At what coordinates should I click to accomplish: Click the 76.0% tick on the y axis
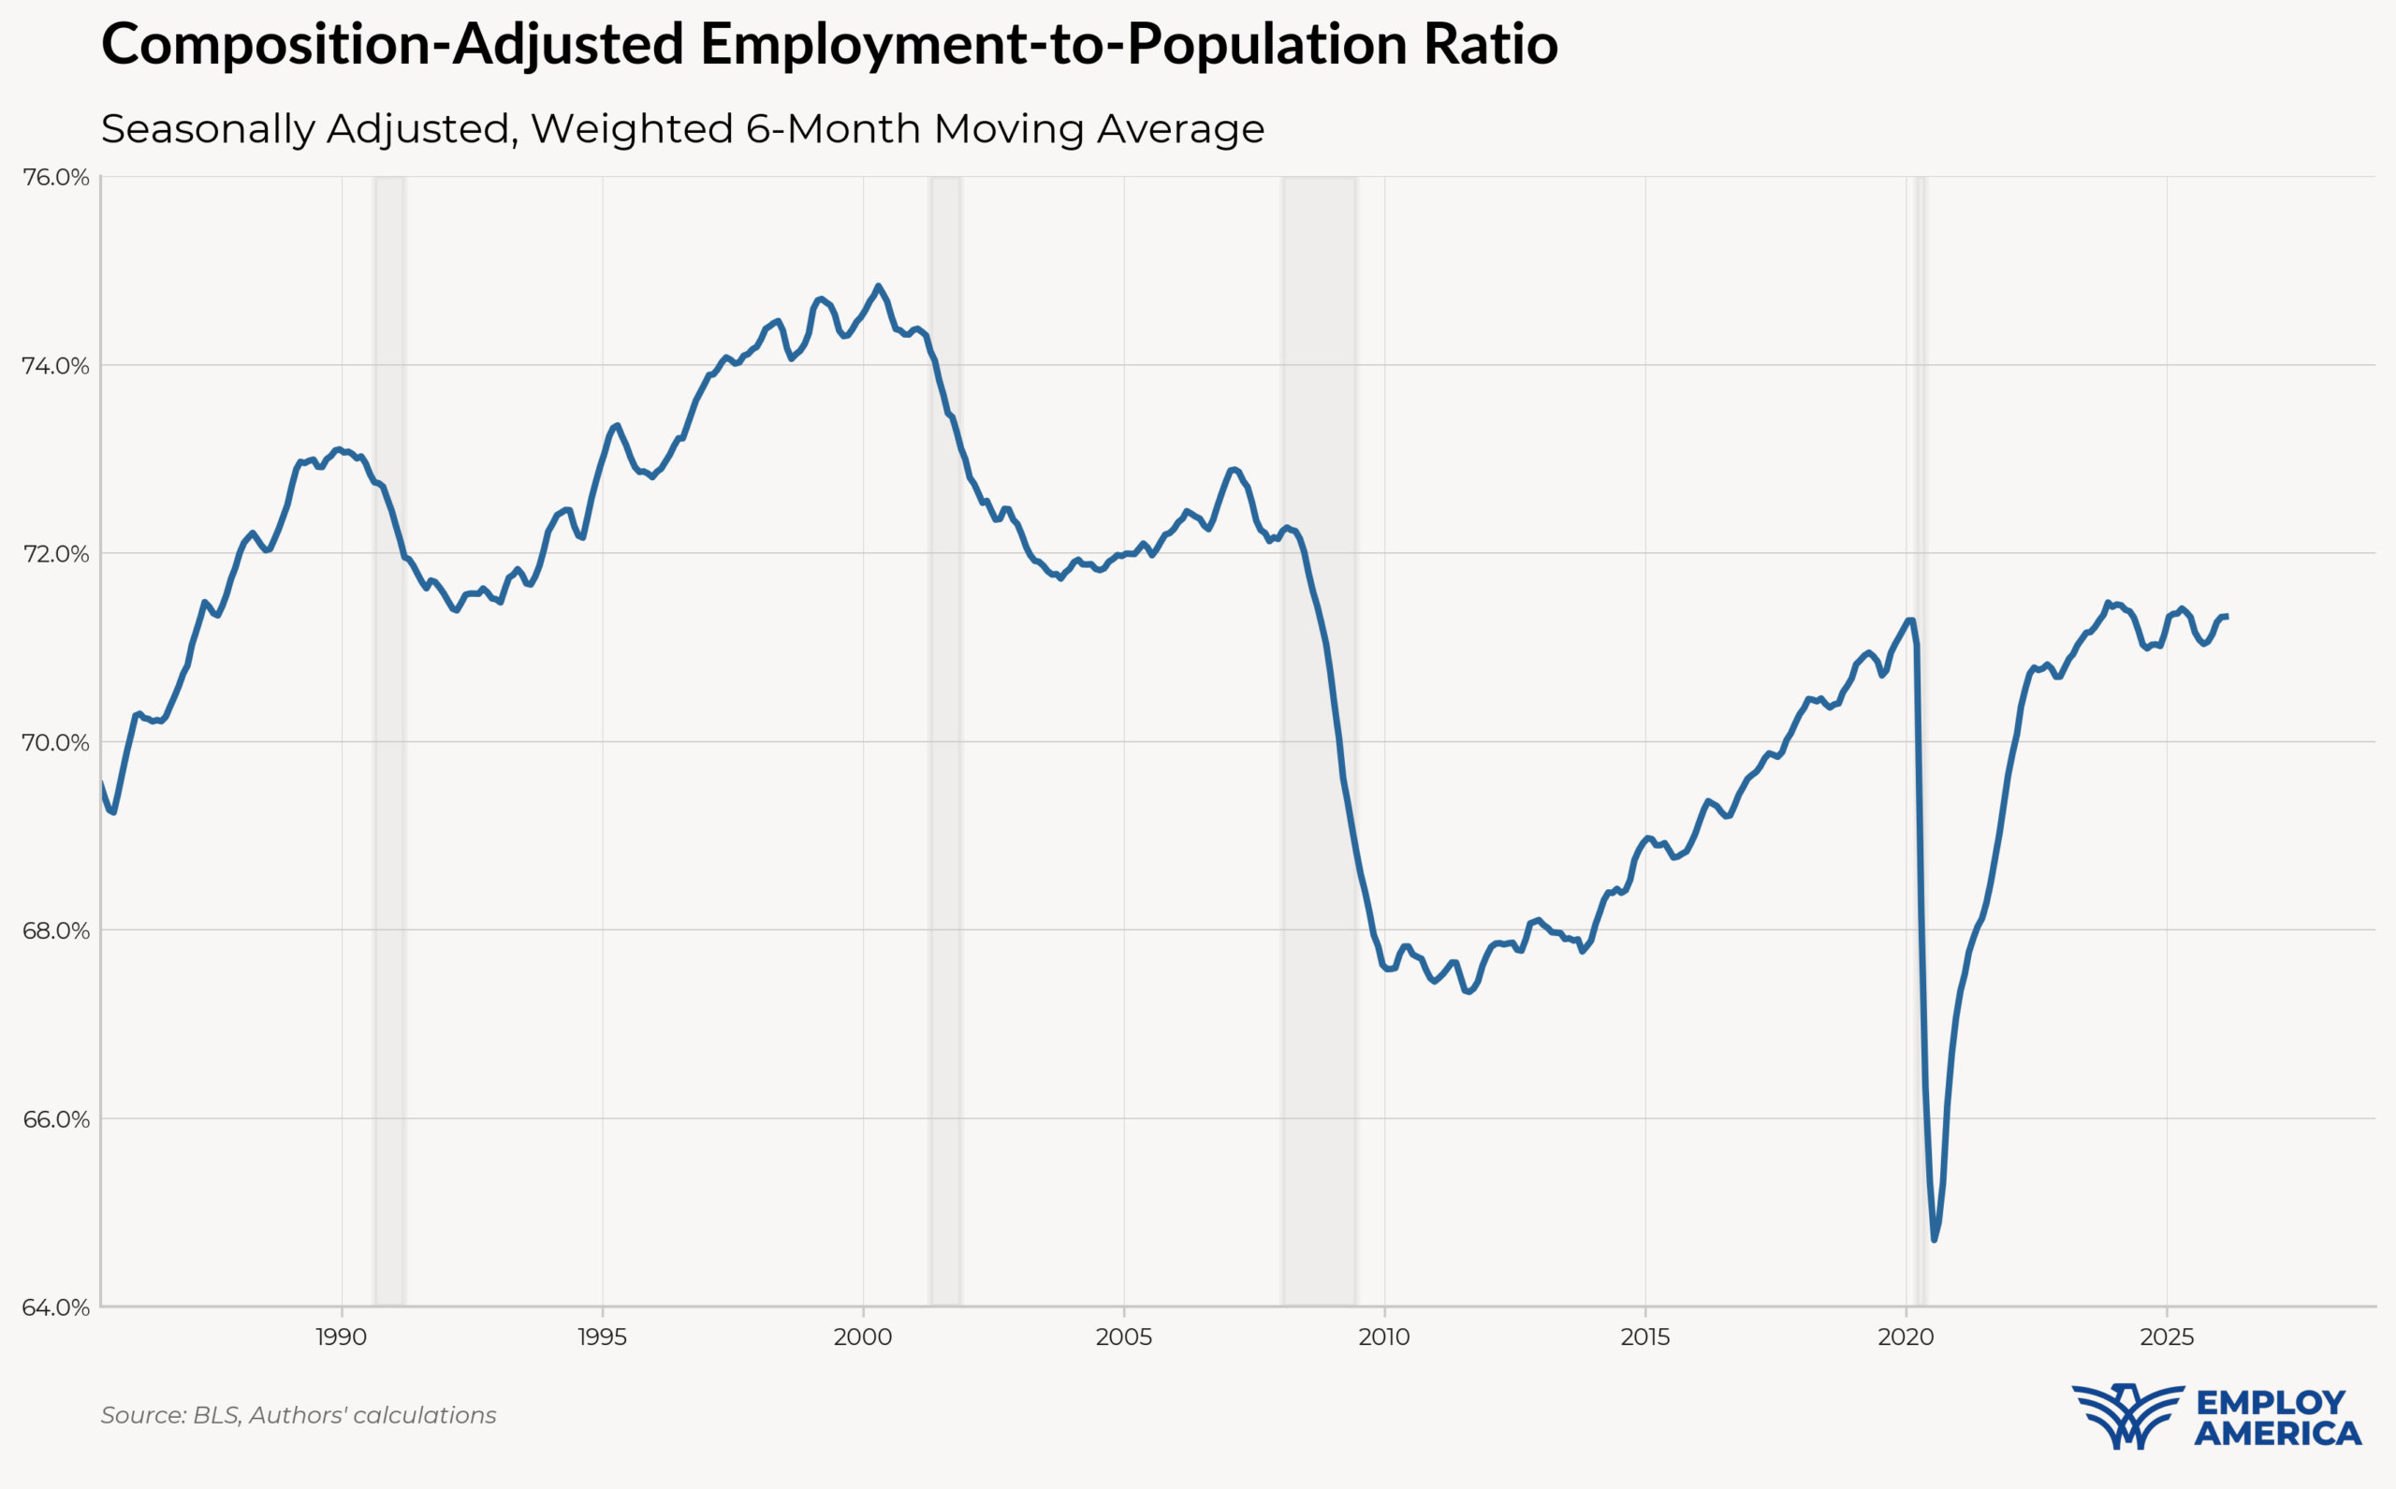coord(55,177)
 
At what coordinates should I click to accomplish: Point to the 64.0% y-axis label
coord(55,1307)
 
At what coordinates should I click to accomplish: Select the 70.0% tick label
coord(55,742)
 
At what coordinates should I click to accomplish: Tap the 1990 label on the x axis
coord(341,1337)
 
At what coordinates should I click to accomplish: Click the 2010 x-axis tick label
coord(1383,1337)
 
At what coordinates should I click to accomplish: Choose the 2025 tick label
coord(2167,1337)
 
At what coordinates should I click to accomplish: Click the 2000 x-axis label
coord(863,1337)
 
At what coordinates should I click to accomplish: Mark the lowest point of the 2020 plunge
coord(1935,1240)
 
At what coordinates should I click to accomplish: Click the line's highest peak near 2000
coord(878,286)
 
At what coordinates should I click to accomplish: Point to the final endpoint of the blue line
coord(2227,617)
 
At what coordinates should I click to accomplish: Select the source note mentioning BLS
coord(299,1415)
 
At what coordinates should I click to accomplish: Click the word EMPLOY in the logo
coord(2271,1401)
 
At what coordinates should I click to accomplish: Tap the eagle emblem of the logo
coord(2127,1415)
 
